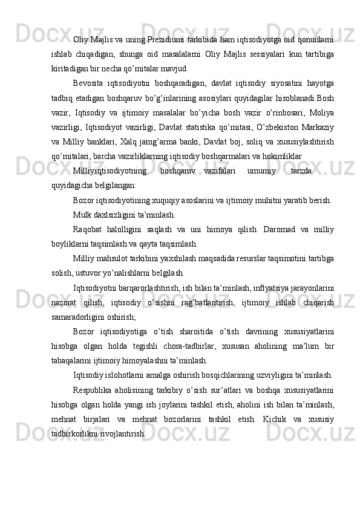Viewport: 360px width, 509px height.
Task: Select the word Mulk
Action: coord(82,215)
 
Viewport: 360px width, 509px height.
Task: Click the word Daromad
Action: coord(279,230)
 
